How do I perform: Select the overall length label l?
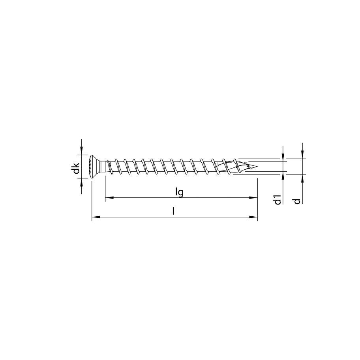tap(173, 211)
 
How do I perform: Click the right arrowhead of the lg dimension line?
tap(254, 197)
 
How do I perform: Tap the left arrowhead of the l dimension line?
tap(95, 217)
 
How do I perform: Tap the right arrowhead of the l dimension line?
tap(254, 217)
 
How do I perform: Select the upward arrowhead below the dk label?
tap(81, 181)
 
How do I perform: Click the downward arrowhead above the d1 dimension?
tap(283, 158)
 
